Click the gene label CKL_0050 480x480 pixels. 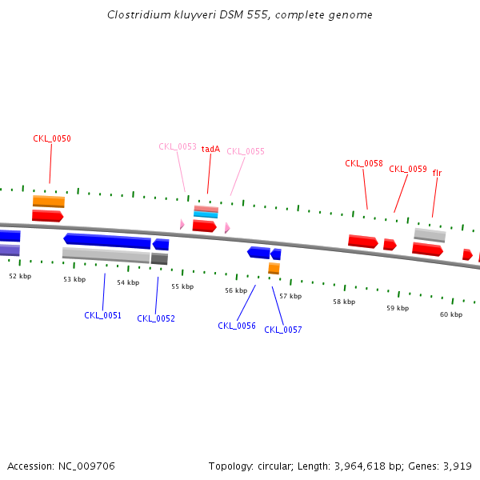tap(52, 138)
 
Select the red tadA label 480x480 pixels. tap(210, 149)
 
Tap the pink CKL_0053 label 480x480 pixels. tap(178, 146)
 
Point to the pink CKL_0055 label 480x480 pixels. tap(246, 151)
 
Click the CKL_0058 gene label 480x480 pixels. tap(364, 163)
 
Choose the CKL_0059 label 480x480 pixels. tap(408, 169)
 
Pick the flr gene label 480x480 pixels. tap(437, 173)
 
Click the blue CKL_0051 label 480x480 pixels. tap(103, 315)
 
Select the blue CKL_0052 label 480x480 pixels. tap(156, 318)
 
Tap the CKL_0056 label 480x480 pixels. tap(237, 326)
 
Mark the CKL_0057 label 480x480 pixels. tap(283, 330)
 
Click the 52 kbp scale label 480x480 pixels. tap(20, 276)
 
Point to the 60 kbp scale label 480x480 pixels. tap(451, 314)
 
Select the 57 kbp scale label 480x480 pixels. tap(290, 296)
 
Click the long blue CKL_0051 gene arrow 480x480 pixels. tap(107, 241)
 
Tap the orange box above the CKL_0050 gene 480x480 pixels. tap(49, 201)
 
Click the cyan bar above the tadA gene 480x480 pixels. tap(206, 214)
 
